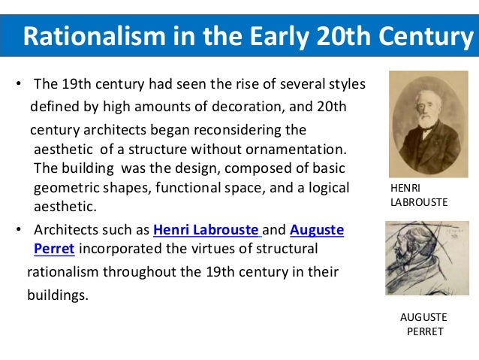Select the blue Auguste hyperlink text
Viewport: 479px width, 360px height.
pos(316,230)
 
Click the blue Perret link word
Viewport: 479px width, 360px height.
pos(55,248)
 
